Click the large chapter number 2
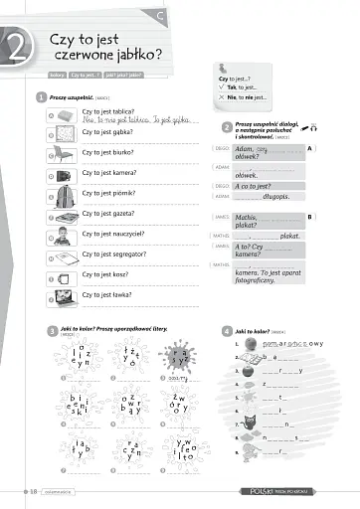click(x=19, y=47)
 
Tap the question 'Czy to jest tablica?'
click(x=109, y=112)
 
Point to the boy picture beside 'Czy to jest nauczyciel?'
click(x=64, y=237)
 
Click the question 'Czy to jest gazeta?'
click(x=108, y=214)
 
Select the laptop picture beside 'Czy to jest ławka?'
click(x=64, y=296)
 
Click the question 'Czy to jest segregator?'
click(x=115, y=254)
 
